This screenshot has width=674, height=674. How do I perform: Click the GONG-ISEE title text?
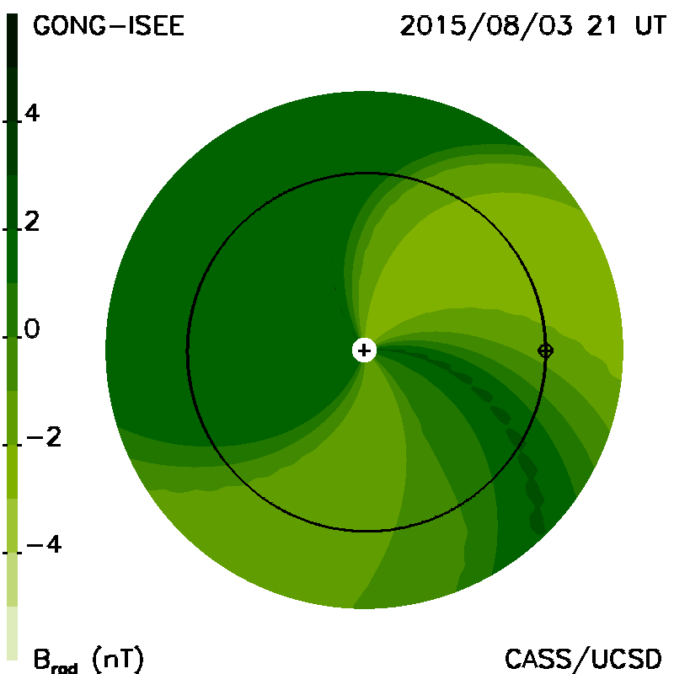click(x=109, y=26)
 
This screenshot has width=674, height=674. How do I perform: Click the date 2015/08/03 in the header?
click(x=487, y=27)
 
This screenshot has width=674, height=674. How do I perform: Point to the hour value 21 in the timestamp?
click(x=602, y=26)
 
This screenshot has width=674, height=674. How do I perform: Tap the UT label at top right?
click(x=650, y=26)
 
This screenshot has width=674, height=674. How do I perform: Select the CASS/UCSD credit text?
click(x=583, y=659)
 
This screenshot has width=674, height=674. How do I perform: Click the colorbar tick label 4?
click(x=32, y=113)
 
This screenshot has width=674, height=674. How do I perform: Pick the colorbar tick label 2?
click(x=32, y=222)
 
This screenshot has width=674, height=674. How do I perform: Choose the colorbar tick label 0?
click(x=32, y=329)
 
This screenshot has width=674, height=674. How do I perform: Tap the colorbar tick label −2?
click(x=44, y=437)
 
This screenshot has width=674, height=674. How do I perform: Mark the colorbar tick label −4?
click(x=44, y=545)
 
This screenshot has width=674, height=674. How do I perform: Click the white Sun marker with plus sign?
click(x=364, y=350)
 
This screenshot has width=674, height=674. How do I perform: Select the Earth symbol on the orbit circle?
click(x=545, y=350)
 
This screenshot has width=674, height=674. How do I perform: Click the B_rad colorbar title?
click(x=56, y=661)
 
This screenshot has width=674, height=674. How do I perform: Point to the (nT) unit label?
click(x=118, y=659)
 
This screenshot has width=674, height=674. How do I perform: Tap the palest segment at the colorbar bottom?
click(x=13, y=633)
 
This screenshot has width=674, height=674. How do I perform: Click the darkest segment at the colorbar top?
click(x=13, y=40)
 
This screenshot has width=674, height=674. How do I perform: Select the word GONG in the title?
click(x=69, y=26)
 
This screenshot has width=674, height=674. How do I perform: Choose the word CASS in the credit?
click(x=538, y=659)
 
